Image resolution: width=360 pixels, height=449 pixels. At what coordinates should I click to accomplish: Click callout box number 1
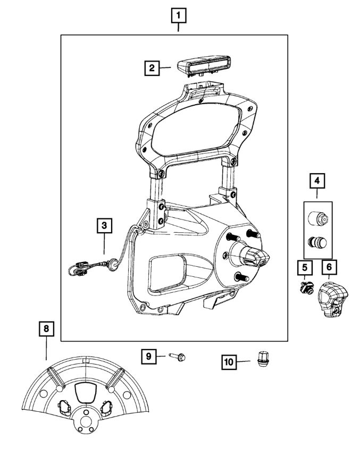178,15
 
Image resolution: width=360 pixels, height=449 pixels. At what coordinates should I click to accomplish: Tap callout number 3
104,226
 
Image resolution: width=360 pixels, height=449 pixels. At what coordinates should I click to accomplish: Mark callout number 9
149,356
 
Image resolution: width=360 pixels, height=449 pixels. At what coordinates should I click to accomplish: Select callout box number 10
229,362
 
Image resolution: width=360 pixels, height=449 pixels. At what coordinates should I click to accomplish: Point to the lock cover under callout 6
330,301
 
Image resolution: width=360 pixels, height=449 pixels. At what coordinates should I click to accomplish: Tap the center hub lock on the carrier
258,259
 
